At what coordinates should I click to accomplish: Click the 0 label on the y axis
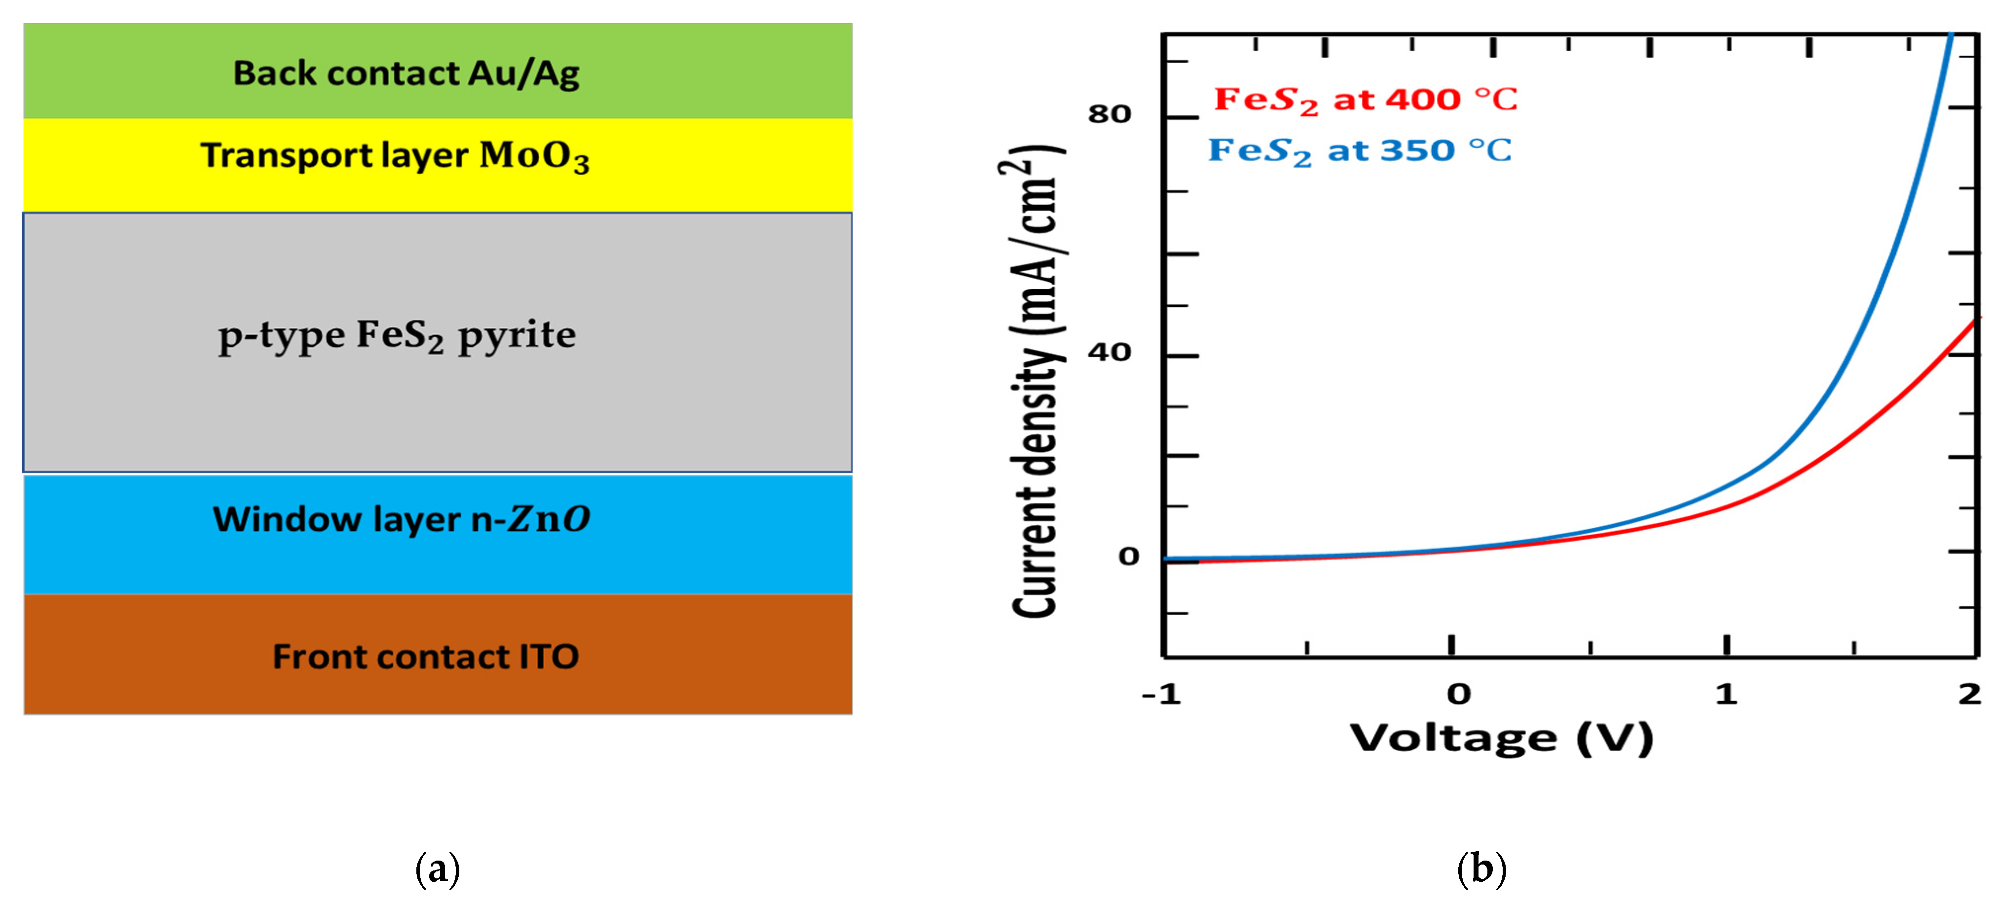pyautogui.click(x=1129, y=556)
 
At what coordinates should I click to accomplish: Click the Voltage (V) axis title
pyautogui.click(x=1502, y=738)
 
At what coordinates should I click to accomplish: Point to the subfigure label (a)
pyautogui.click(x=438, y=868)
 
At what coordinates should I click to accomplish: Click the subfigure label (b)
pyautogui.click(x=1481, y=868)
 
